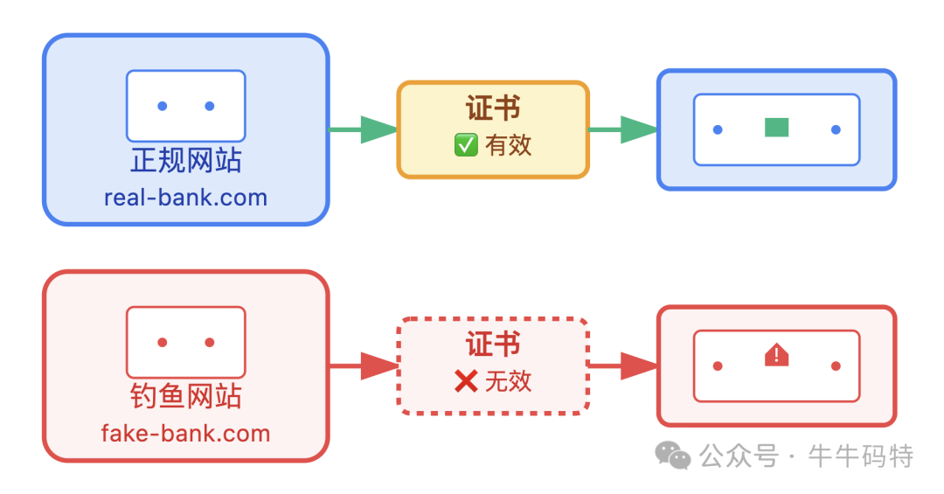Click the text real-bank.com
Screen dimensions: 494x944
click(x=185, y=198)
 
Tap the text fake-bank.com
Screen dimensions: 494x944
click(x=185, y=434)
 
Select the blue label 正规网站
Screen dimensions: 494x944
click(x=185, y=161)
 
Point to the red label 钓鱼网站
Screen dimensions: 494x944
click(x=185, y=397)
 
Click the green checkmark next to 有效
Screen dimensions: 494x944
click(x=466, y=145)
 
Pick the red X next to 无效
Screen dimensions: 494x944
click(x=466, y=381)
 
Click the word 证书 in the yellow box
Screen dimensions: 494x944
click(x=493, y=109)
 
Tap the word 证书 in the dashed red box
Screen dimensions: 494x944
click(x=493, y=344)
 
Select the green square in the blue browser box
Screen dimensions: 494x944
click(x=776, y=129)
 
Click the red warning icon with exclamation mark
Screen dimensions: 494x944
click(x=776, y=355)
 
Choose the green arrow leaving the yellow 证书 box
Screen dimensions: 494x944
click(x=623, y=130)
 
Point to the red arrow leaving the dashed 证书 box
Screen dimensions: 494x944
click(x=623, y=366)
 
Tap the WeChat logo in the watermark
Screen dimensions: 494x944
click(x=673, y=455)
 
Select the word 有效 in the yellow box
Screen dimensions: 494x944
click(x=509, y=145)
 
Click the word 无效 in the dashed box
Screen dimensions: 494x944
click(x=509, y=381)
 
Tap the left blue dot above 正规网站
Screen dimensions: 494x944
click(x=163, y=107)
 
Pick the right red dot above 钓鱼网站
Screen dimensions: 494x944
click(x=210, y=343)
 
